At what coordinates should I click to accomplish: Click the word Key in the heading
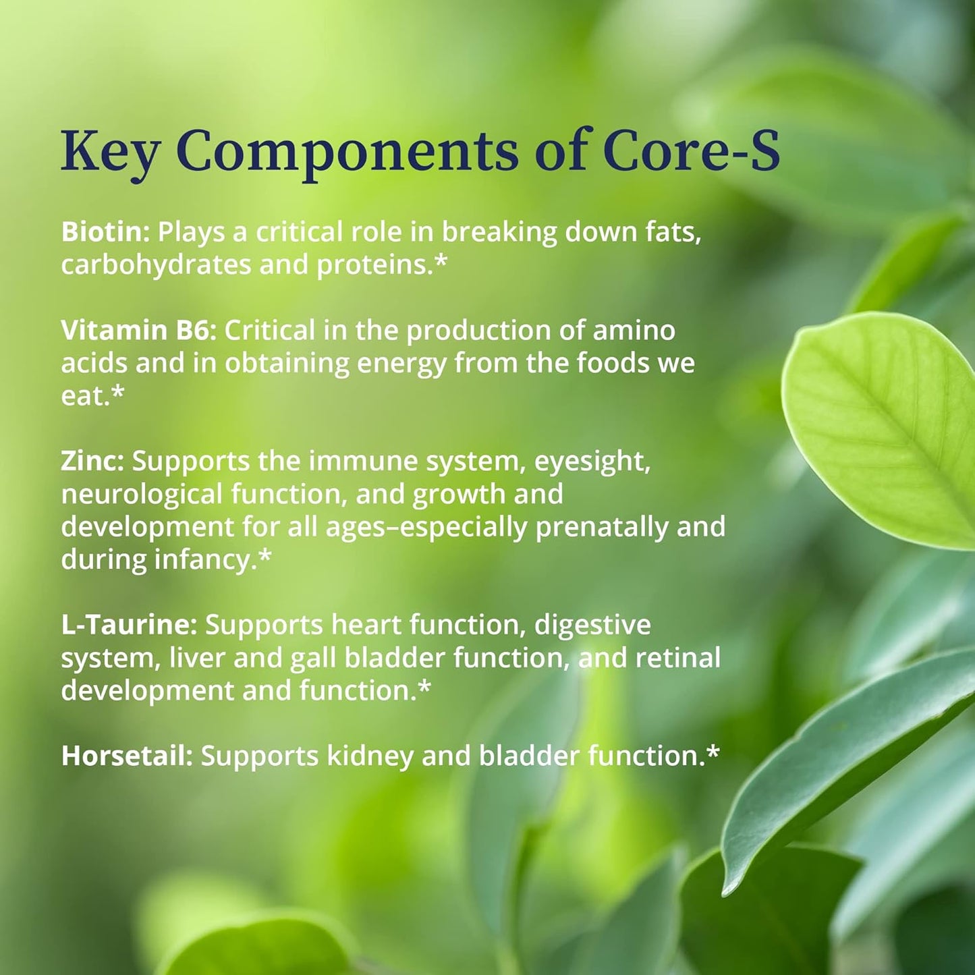pos(110,150)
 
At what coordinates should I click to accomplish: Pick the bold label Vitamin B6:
pos(138,330)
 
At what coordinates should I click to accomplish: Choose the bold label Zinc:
pos(92,461)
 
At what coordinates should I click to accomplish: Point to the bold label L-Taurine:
pos(129,624)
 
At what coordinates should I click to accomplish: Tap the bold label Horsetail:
pos(127,755)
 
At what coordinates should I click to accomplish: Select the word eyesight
pos(592,462)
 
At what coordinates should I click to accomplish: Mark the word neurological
pos(142,495)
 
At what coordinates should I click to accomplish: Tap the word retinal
pos(678,657)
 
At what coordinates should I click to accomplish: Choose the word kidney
pos(370,756)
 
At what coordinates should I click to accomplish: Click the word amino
pos(634,330)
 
